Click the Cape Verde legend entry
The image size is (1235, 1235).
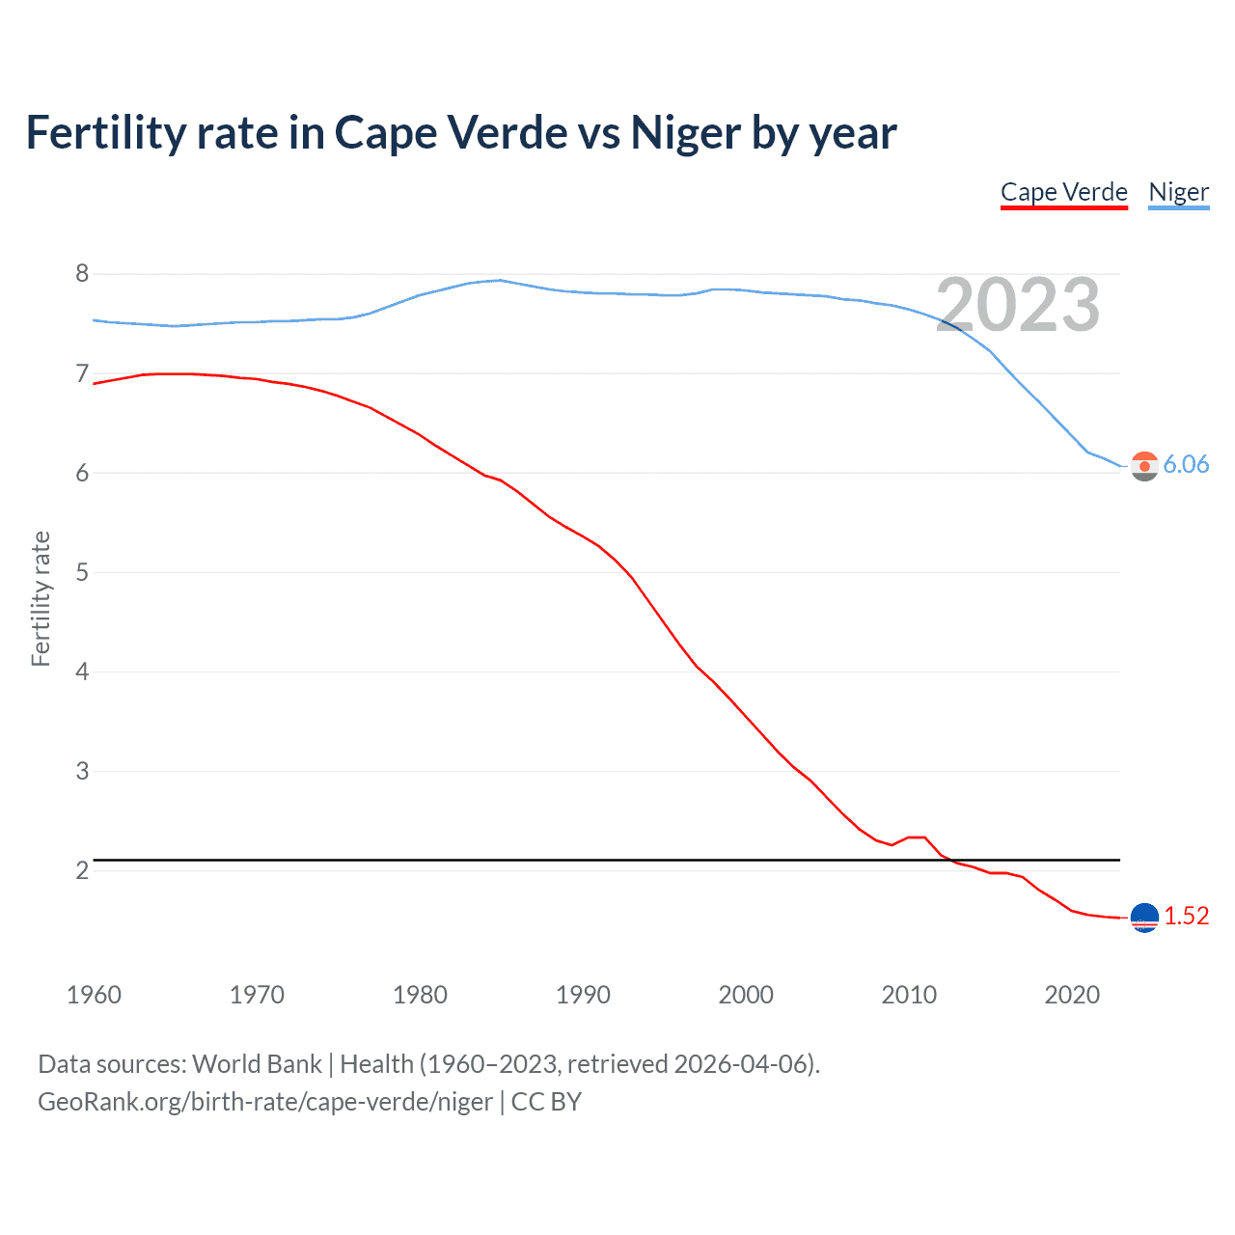(1063, 192)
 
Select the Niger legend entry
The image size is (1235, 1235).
(1178, 192)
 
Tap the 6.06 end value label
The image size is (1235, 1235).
(1186, 464)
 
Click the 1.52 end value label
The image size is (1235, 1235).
(1186, 916)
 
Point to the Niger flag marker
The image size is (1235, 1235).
(1144, 466)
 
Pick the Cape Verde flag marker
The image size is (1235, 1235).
(1144, 918)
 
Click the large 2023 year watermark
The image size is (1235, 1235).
(1018, 305)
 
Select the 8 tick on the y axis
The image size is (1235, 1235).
(82, 274)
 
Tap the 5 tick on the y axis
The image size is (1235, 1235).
(82, 572)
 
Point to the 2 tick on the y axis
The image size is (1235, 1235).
(82, 870)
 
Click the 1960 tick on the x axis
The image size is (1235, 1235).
(94, 995)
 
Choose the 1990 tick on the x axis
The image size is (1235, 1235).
(583, 995)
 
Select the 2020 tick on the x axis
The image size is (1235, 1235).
(1072, 995)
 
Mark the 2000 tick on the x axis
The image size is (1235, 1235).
(746, 995)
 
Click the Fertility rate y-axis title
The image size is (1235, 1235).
(41, 598)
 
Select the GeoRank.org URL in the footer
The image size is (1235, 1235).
(264, 1102)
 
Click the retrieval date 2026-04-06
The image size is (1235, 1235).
(742, 1064)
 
